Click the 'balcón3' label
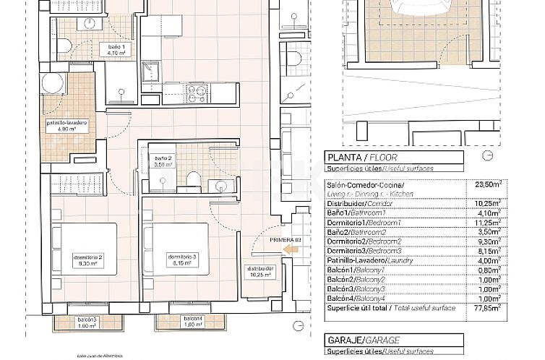pyautogui.click(x=69, y=322)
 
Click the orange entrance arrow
pyautogui.click(x=291, y=249)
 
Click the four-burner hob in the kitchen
pyautogui.click(x=197, y=93)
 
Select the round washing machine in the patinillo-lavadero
pyautogui.click(x=53, y=84)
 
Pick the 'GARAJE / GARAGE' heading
pyautogui.click(x=354, y=339)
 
